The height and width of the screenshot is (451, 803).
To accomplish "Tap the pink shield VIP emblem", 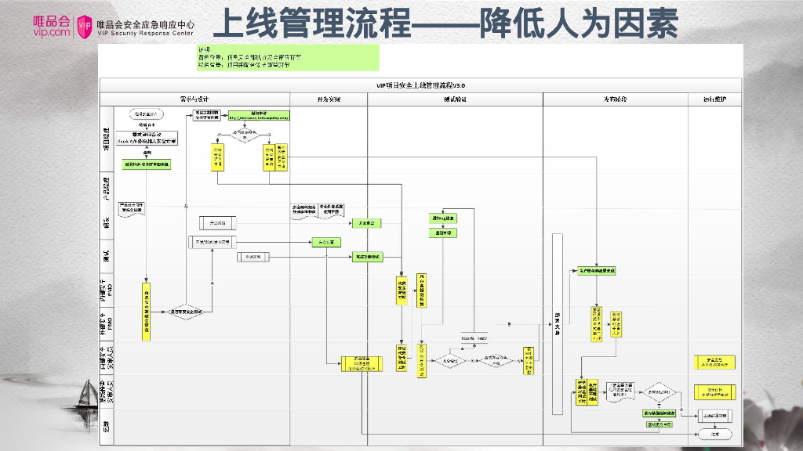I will coord(85,26).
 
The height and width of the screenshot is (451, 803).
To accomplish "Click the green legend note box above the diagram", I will coord(287,57).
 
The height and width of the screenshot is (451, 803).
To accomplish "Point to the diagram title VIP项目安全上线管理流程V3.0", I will coord(421,85).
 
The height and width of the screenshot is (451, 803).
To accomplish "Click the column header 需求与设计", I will coord(194,99).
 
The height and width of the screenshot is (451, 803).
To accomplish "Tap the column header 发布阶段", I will coord(613,99).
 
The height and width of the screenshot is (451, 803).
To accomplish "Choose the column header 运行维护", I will coord(713,99).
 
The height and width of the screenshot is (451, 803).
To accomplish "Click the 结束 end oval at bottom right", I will coord(714,433).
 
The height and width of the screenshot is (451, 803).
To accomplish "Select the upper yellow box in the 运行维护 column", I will coord(714,362).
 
